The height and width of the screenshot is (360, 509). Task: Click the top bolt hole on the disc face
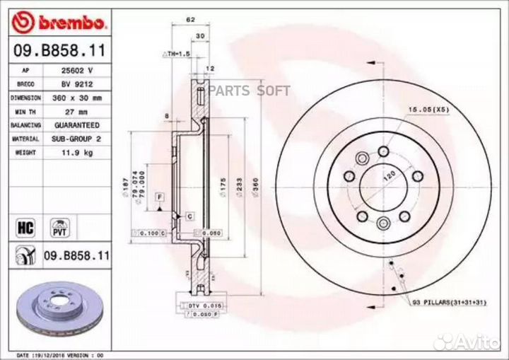click(x=382, y=150)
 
